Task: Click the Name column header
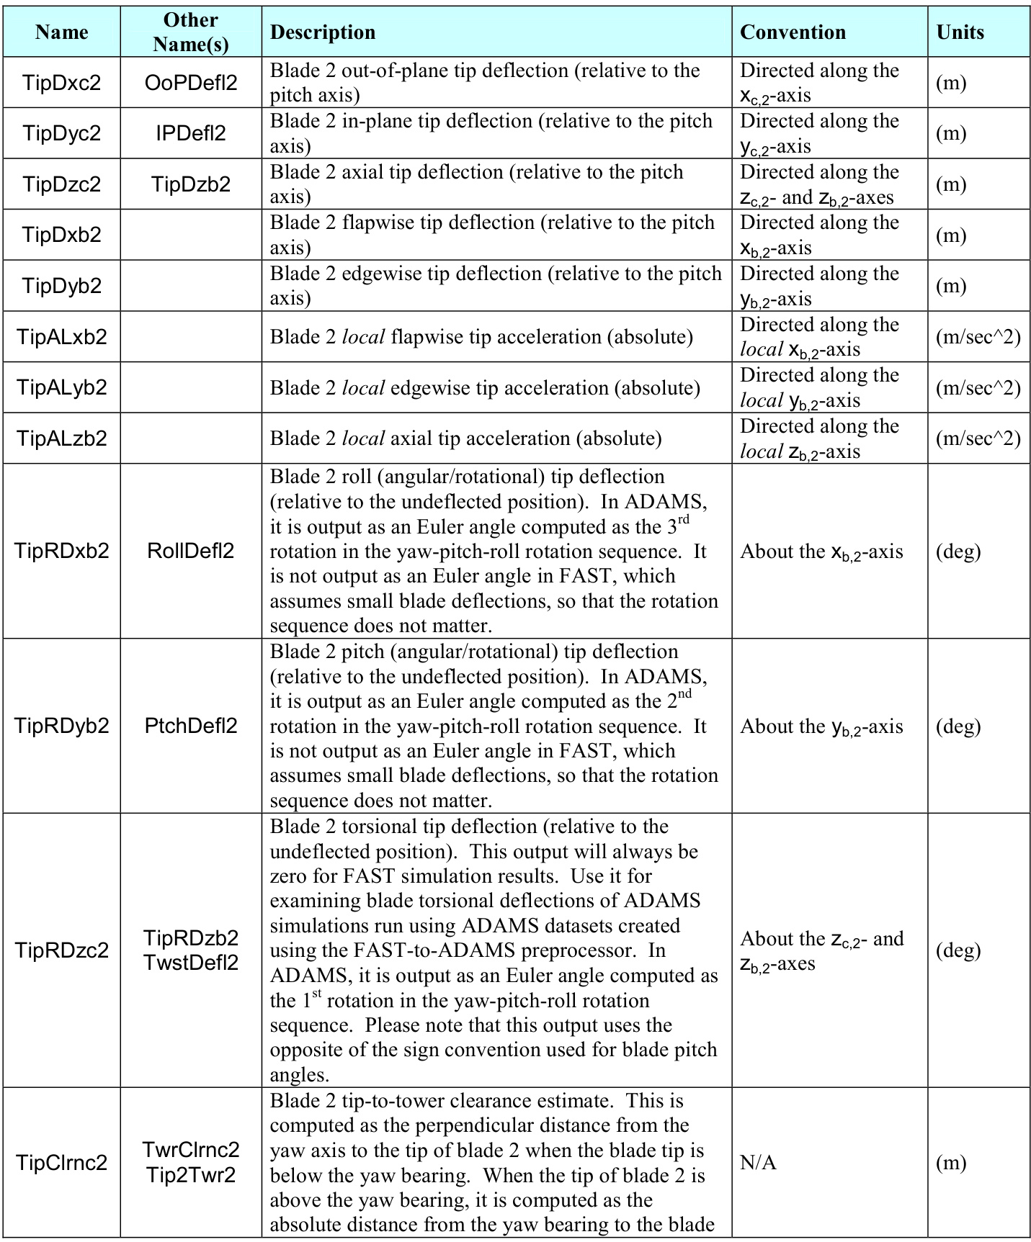[61, 32]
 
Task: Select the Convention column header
[793, 32]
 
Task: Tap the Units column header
[960, 32]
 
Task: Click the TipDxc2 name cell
[61, 83]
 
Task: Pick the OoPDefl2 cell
[191, 83]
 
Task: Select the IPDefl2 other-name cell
[191, 133]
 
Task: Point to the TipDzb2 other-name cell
[191, 184]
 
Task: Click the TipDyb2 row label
[61, 286]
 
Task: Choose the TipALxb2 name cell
[61, 337]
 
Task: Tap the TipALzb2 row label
[61, 438]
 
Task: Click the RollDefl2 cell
[191, 552]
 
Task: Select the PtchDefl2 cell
[191, 726]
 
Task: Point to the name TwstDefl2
[191, 963]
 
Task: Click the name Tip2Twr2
[191, 1175]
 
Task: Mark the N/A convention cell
[758, 1163]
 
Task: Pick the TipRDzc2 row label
[61, 950]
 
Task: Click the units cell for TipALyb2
[978, 388]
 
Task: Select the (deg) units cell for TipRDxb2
[958, 552]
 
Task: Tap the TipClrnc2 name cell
[61, 1163]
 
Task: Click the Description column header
[323, 32]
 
